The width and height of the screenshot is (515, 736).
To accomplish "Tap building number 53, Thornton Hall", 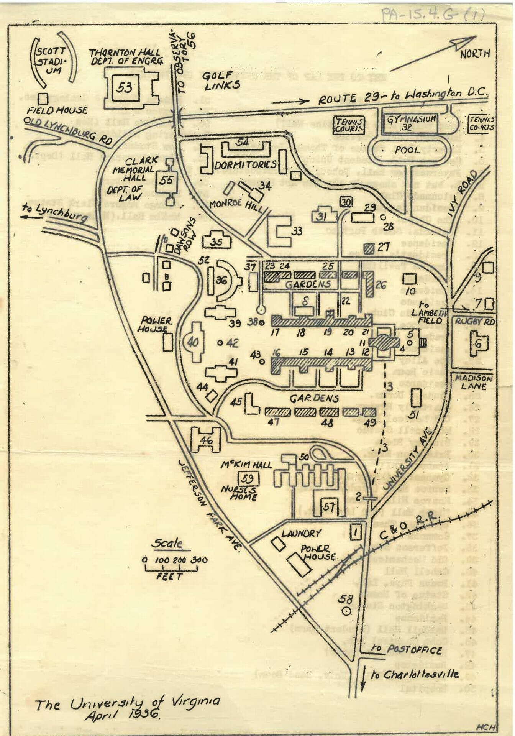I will tap(125, 88).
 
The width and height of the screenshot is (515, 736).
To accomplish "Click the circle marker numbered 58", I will tap(347, 612).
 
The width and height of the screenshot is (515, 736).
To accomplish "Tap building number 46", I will tap(207, 440).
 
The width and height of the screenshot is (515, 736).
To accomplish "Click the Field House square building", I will tap(44, 98).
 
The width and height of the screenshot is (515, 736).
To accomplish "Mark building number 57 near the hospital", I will tap(329, 506).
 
